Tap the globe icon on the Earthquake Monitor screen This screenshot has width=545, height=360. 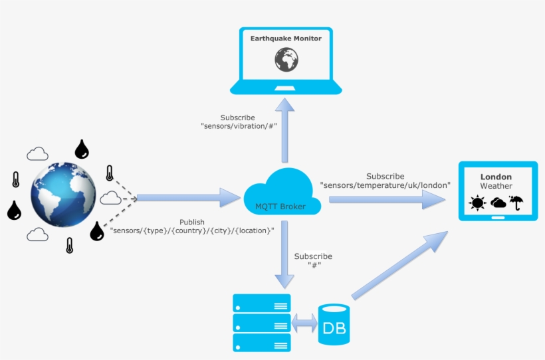pos(286,60)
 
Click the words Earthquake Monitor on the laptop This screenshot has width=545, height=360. pos(286,39)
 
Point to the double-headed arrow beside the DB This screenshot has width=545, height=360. pos(305,323)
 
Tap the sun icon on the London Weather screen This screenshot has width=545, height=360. pos(477,203)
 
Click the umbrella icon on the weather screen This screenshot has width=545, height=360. pos(516,203)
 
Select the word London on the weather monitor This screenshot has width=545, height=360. pos(496,177)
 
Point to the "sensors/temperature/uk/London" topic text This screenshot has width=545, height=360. pos(385,185)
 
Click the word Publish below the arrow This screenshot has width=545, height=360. pos(192,222)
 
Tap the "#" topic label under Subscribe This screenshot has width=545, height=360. pos(313,265)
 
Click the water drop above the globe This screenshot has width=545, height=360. pos(82,149)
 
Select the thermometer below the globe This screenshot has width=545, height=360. pos(69,245)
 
